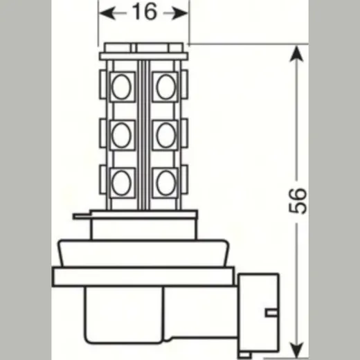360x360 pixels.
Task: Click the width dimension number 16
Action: click(145, 12)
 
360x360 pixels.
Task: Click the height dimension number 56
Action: click(298, 201)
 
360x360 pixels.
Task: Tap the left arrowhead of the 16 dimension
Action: click(107, 13)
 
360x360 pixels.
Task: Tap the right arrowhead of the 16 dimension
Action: click(179, 13)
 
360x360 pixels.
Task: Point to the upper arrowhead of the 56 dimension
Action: click(296, 54)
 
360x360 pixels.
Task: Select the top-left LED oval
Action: click(121, 87)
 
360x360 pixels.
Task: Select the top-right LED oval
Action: click(166, 87)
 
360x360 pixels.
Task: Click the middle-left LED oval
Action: click(121, 135)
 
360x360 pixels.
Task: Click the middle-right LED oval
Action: click(166, 135)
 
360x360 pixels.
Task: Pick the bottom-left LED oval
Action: click(121, 183)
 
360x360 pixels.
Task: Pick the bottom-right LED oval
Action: click(166, 183)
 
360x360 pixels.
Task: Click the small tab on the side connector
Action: click(272, 313)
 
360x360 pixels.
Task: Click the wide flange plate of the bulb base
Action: click(143, 277)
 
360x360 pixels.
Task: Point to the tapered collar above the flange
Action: click(143, 253)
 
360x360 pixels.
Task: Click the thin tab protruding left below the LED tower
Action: click(82, 216)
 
